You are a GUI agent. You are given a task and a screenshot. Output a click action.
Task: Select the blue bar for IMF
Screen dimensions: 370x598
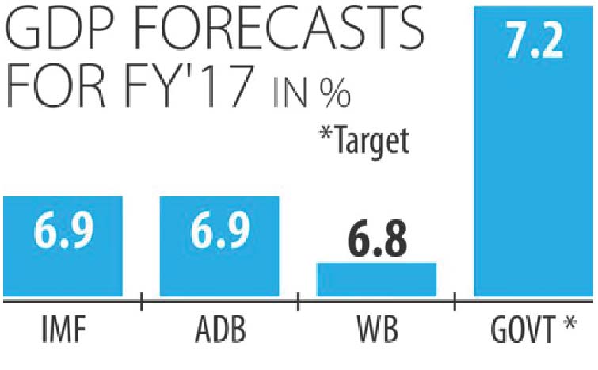click(63, 246)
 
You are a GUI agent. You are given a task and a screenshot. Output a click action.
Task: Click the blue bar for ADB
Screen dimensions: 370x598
click(219, 246)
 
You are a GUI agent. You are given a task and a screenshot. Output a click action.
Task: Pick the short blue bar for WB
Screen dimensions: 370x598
click(376, 280)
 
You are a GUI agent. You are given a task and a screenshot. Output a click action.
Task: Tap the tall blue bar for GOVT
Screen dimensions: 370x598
click(533, 158)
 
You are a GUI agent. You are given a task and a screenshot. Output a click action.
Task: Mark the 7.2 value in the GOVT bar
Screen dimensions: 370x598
click(533, 41)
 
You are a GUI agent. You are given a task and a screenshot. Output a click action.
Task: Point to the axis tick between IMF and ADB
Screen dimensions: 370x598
click(141, 302)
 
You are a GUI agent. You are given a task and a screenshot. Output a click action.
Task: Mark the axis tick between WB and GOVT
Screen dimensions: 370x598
click(455, 302)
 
